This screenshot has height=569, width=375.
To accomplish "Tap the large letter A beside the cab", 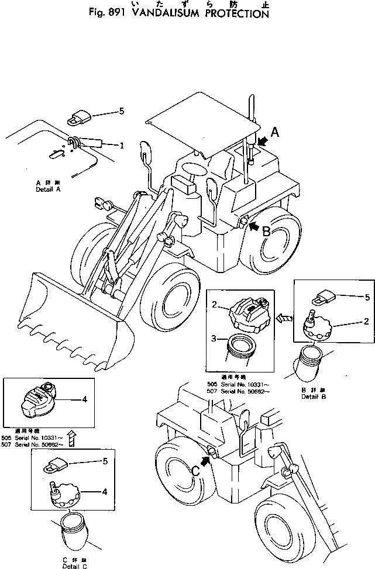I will [274, 133].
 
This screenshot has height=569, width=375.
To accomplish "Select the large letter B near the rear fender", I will [266, 231].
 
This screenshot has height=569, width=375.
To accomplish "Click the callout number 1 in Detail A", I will [122, 146].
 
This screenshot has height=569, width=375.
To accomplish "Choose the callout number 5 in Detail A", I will [122, 111].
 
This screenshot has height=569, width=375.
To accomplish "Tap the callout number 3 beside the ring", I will [215, 339].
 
